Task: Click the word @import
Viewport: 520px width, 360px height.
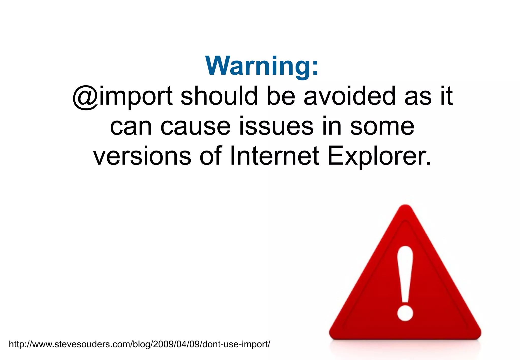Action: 122,96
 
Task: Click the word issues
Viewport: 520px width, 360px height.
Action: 276,126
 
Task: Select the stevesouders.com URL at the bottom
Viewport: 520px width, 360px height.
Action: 139,344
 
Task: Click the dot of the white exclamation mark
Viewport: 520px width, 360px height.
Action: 405,313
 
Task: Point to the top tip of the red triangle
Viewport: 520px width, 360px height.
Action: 405,206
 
